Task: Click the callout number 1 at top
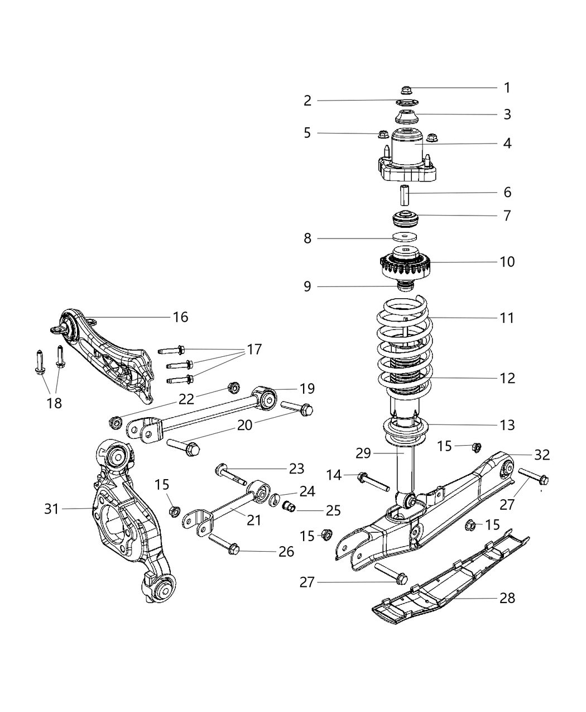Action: [507, 88]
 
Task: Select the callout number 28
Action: [507, 598]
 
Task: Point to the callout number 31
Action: [51, 509]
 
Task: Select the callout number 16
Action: [180, 317]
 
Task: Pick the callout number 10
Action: [507, 261]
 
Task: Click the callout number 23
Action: [296, 469]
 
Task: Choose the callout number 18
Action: [54, 403]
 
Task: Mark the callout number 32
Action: [541, 455]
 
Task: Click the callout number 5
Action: [307, 133]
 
